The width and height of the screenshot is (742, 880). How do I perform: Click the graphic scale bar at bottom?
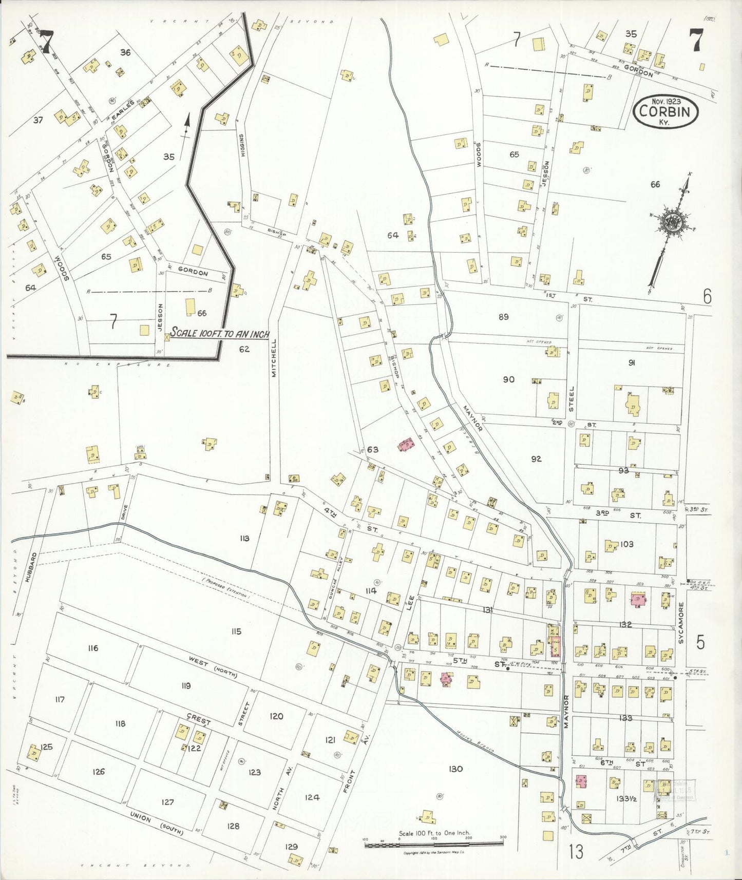[434, 843]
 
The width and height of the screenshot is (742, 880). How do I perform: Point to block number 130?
[455, 769]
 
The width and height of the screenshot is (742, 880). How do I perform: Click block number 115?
[236, 632]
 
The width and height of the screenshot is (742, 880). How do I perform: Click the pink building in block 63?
[406, 444]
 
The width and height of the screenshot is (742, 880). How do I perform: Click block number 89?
[503, 317]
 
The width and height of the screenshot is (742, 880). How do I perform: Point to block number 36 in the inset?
[125, 52]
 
